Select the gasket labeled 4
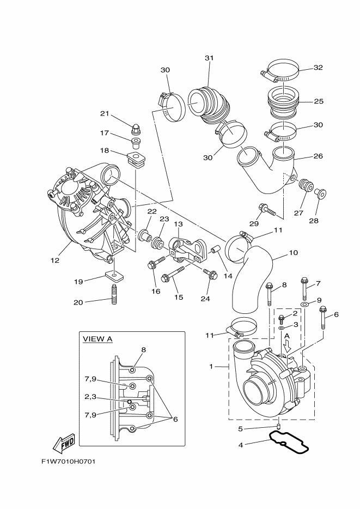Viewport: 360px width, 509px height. point(289,443)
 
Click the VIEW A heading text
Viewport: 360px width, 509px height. point(97,339)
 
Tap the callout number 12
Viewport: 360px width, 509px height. point(54,260)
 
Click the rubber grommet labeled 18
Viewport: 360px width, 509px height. point(137,158)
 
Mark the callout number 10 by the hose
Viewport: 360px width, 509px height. point(293,253)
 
